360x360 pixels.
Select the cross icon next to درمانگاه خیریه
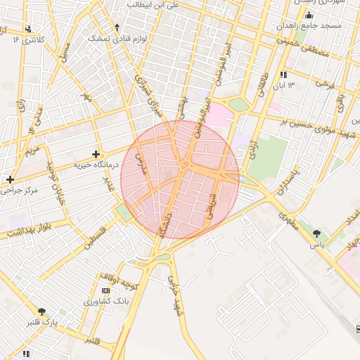[96, 153]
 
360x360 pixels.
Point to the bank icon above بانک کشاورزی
[105, 290]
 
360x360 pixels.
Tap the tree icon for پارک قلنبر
[41, 311]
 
